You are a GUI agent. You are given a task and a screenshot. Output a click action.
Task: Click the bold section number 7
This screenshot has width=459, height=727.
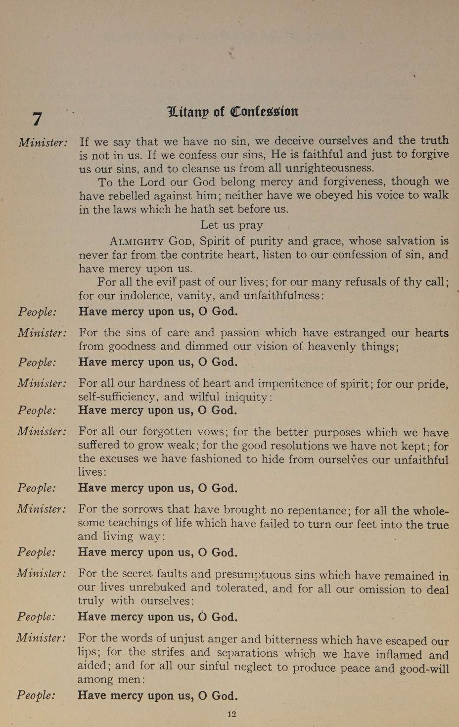tap(37, 119)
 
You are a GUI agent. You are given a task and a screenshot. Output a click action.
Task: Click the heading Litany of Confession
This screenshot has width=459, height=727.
tap(233, 111)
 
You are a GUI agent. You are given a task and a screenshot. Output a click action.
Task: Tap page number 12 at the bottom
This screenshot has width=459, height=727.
tap(231, 714)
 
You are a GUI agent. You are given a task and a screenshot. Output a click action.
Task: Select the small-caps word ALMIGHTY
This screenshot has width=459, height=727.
tap(137, 242)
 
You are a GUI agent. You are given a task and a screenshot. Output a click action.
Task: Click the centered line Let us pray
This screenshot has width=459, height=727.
tap(231, 225)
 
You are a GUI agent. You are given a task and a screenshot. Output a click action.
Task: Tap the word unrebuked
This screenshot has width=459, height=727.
tap(158, 588)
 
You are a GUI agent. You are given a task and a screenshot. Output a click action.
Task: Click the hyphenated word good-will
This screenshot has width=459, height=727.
tap(422, 668)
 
